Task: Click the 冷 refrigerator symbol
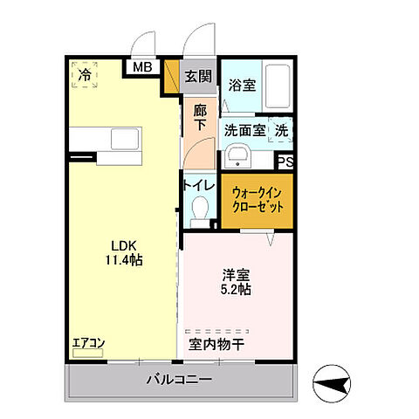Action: click(x=84, y=75)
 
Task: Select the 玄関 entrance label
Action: click(x=197, y=77)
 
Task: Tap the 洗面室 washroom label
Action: click(x=245, y=131)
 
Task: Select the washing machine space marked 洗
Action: click(x=282, y=130)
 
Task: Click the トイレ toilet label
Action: click(x=196, y=185)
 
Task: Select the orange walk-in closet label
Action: click(x=256, y=200)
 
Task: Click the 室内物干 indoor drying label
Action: click(x=216, y=344)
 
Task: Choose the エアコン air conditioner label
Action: click(x=88, y=343)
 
